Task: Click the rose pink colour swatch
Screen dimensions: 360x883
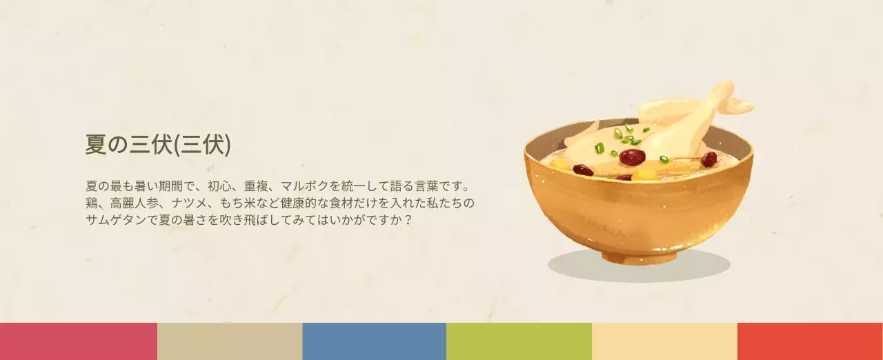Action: click(78, 341)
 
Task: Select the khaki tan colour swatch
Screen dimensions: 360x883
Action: click(230, 341)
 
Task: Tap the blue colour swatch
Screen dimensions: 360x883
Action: click(374, 341)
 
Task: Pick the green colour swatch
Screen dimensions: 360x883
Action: click(519, 341)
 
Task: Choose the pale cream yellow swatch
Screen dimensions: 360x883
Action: click(664, 341)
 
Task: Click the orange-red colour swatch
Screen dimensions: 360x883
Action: click(810, 341)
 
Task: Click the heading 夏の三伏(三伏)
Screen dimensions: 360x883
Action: click(158, 144)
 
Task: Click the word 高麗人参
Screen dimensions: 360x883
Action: click(135, 203)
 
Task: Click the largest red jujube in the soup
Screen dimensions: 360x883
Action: click(632, 157)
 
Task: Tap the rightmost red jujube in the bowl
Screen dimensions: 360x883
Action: click(708, 160)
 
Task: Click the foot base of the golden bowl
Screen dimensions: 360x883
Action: click(638, 257)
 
